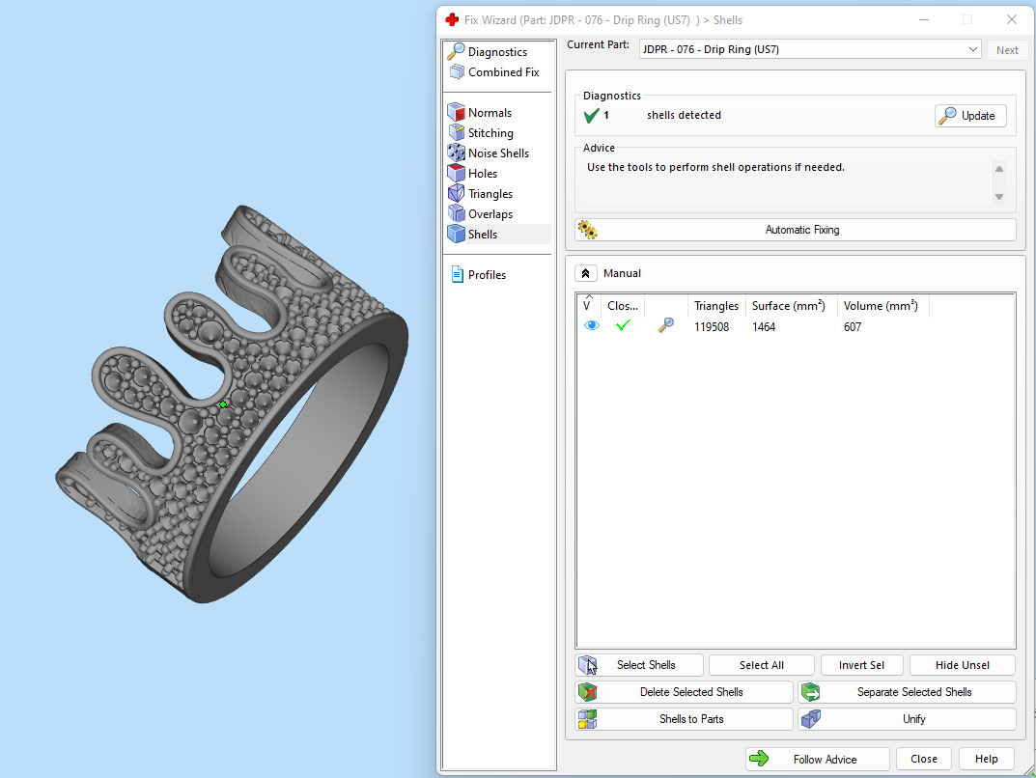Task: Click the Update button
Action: [970, 116]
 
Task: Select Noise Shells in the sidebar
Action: [498, 153]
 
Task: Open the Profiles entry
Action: [487, 275]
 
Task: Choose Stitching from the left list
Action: [490, 133]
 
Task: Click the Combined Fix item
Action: [503, 72]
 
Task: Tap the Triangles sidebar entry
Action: [490, 194]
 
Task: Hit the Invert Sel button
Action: [861, 665]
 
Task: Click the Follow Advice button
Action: [817, 759]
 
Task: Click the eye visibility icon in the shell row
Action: [592, 326]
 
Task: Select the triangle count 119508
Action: [712, 327]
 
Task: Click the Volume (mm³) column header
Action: [880, 306]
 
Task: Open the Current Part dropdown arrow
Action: [972, 49]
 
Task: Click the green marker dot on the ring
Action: [223, 404]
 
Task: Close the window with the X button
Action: [1011, 19]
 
